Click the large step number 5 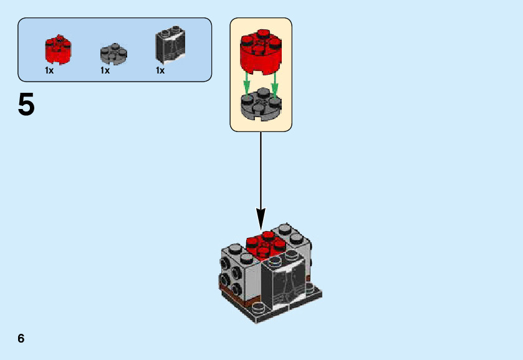pos(26,105)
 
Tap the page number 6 pos(21,338)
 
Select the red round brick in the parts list pos(58,50)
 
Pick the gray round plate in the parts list pos(113,54)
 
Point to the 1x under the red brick pos(49,70)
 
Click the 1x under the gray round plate pos(105,70)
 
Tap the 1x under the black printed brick pos(160,70)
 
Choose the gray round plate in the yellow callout pos(261,105)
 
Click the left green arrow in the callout pos(247,83)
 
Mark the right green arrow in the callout pos(274,83)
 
